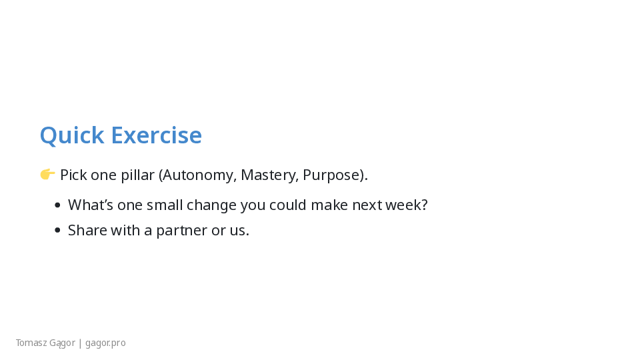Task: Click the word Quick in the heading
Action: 72,135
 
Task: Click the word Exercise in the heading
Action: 156,135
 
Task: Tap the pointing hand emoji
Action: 47,174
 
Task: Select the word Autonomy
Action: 199,175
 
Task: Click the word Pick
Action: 73,175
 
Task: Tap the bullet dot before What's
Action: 57,205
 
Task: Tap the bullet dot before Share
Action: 57,231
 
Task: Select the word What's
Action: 91,205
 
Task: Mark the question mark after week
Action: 424,205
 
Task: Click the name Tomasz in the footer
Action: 30,343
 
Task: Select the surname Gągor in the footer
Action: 61,343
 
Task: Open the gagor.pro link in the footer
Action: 105,343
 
